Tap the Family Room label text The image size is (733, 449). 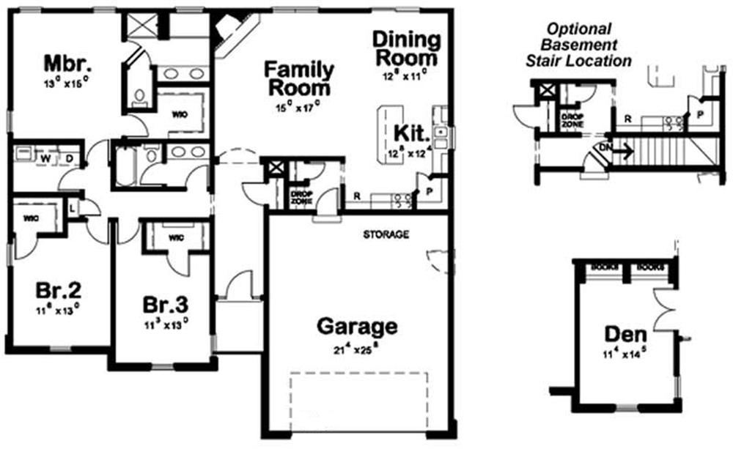298,78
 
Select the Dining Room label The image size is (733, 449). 406,48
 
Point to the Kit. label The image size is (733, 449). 408,133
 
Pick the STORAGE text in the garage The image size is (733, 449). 386,234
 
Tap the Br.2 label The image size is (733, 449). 56,291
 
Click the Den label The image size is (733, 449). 625,334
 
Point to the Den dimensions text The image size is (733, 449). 625,355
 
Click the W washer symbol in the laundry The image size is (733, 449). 45,157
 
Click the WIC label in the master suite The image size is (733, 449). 180,114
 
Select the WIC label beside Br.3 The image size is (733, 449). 176,237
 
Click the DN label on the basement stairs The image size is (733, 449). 605,146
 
